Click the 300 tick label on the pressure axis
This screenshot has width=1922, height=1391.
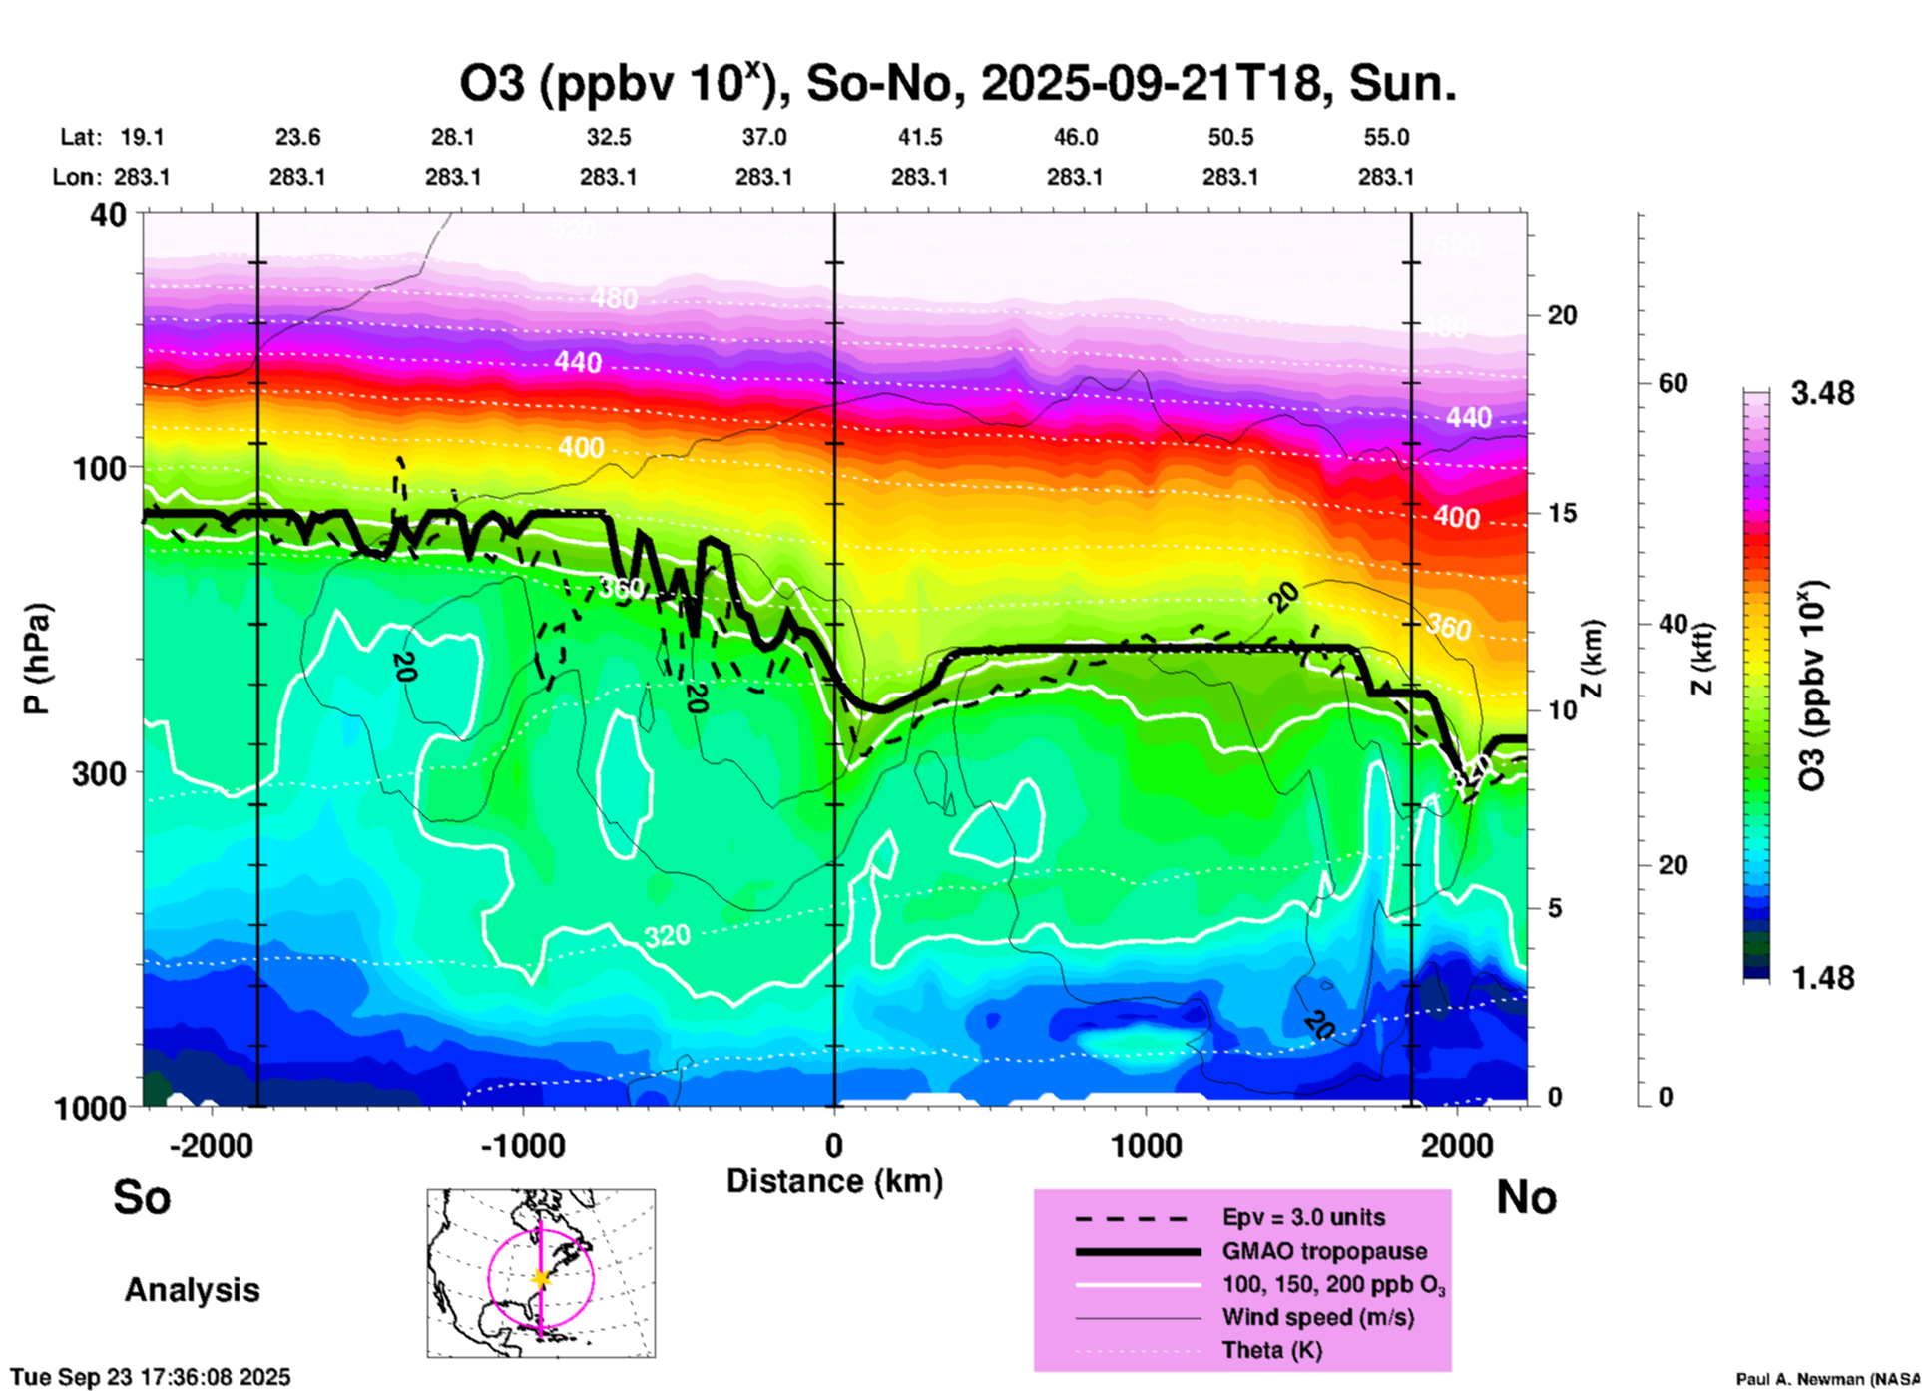(x=99, y=773)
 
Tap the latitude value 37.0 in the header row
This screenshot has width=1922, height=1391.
(x=763, y=137)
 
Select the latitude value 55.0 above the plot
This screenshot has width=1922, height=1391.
(x=1385, y=137)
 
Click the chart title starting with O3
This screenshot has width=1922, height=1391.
(x=957, y=83)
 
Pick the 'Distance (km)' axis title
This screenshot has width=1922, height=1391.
(x=834, y=1181)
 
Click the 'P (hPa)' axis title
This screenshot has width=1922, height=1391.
(x=37, y=659)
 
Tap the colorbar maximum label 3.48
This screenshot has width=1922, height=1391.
(x=1822, y=394)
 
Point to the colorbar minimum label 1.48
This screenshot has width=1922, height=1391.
(x=1822, y=977)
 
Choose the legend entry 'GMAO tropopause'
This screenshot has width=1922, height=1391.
(x=1324, y=1251)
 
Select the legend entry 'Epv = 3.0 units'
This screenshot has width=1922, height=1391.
(x=1303, y=1217)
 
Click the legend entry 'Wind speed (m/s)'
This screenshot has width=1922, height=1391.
(x=1317, y=1318)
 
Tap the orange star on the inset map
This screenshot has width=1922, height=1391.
(x=541, y=1278)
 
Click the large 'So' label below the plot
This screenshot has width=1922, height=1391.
(x=142, y=1197)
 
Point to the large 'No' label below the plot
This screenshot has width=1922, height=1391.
(x=1526, y=1197)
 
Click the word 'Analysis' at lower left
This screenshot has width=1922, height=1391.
(x=192, y=1290)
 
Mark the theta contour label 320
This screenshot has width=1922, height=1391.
(x=667, y=936)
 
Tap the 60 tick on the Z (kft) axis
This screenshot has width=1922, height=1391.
(x=1673, y=383)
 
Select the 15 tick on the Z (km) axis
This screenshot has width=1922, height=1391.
(x=1562, y=513)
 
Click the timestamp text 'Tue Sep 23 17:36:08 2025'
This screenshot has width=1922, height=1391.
(x=151, y=1377)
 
